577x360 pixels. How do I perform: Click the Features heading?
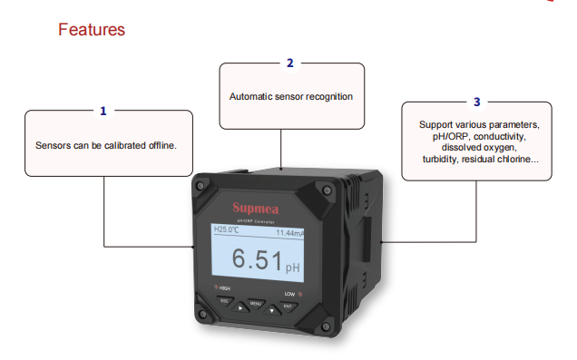click(x=92, y=30)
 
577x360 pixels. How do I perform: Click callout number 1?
click(x=103, y=111)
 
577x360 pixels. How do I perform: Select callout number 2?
click(x=289, y=63)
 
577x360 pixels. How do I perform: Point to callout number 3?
click(x=477, y=102)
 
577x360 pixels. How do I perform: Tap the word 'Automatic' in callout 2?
click(x=249, y=96)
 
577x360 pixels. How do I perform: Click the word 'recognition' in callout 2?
click(x=328, y=96)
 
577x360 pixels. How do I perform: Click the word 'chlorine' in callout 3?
click(x=514, y=159)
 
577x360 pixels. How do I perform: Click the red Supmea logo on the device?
click(x=259, y=206)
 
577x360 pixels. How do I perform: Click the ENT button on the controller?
click(x=288, y=306)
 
